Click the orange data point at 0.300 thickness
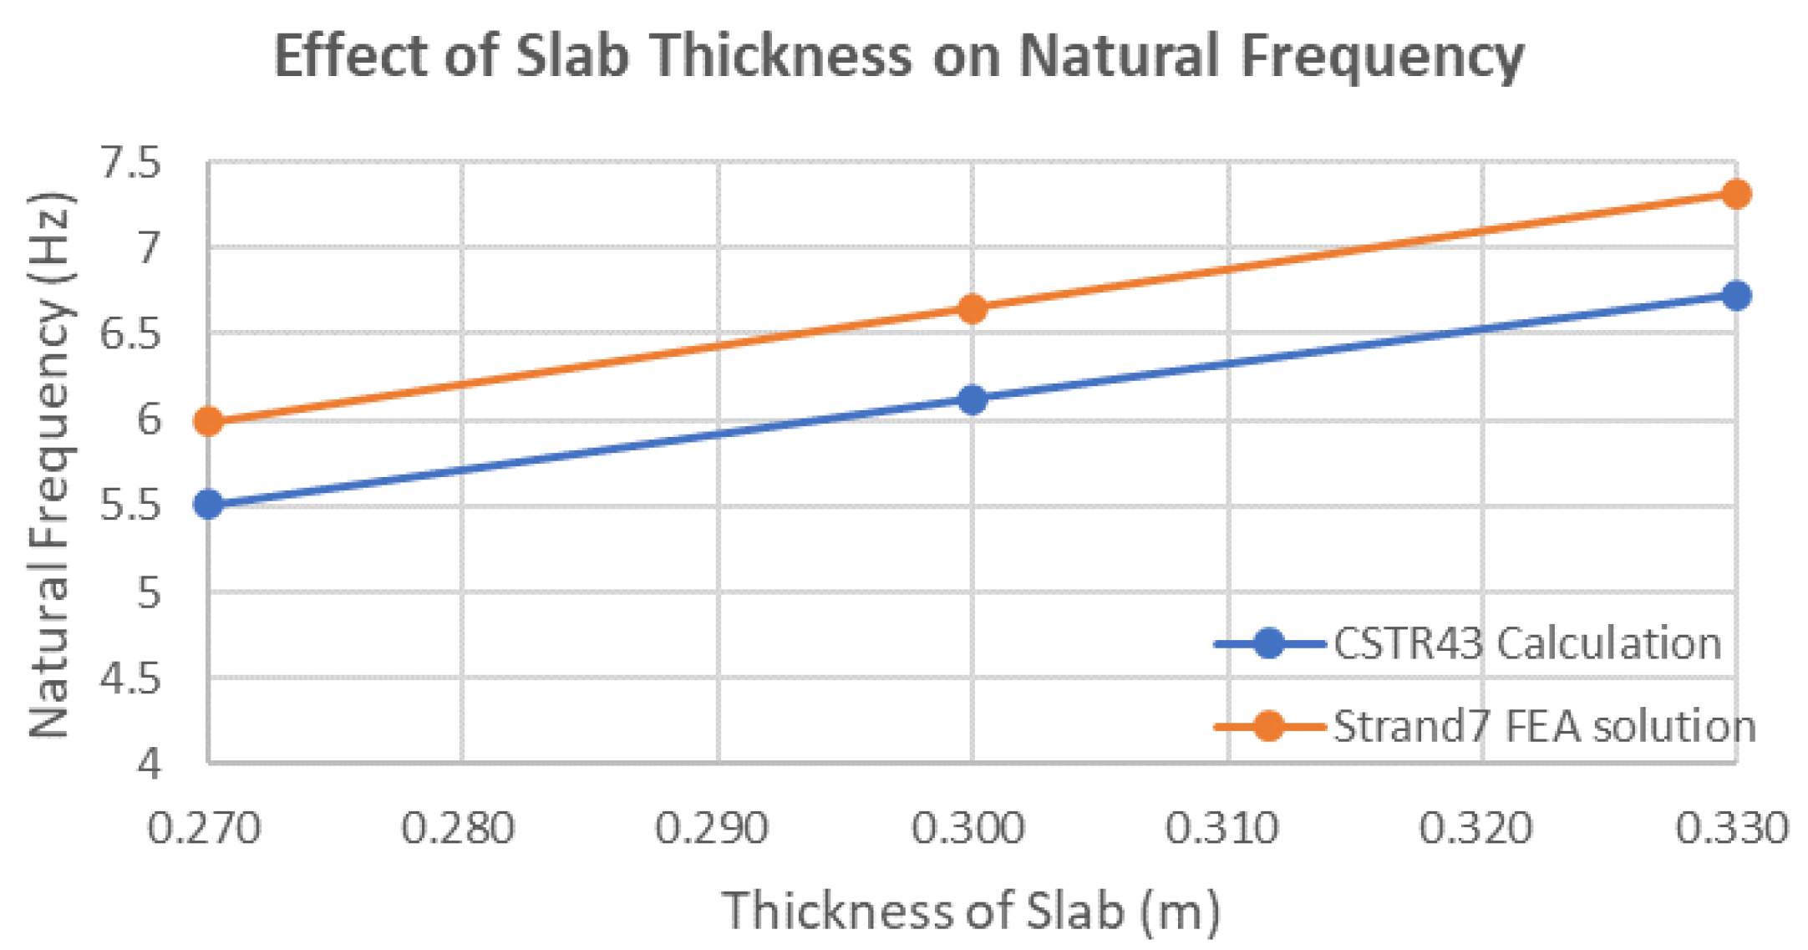pos(972,309)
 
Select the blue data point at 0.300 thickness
pos(972,399)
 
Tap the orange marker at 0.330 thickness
pos(1736,194)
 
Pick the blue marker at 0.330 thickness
pos(1736,295)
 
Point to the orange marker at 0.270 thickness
pos(208,421)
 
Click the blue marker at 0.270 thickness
pos(208,504)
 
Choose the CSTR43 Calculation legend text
pos(1526,643)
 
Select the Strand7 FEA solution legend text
pos(1544,725)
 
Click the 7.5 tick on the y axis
pos(130,162)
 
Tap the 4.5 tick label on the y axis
pos(130,678)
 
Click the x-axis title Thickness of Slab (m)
pos(971,910)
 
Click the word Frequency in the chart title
pos(1382,57)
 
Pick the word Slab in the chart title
pos(571,57)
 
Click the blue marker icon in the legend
pos(1268,643)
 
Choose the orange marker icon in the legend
pos(1268,725)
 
